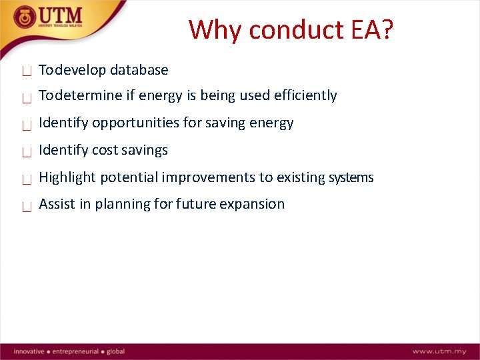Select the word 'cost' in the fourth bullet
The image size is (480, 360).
coord(104,151)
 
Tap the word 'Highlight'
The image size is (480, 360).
coord(67,177)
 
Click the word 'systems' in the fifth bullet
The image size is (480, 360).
coord(351,178)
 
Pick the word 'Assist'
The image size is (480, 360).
coord(56,205)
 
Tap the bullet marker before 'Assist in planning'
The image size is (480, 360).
coord(27,207)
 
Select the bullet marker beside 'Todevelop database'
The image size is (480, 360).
coord(27,71)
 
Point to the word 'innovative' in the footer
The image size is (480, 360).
coord(29,351)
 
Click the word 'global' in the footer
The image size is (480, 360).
coord(115,351)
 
